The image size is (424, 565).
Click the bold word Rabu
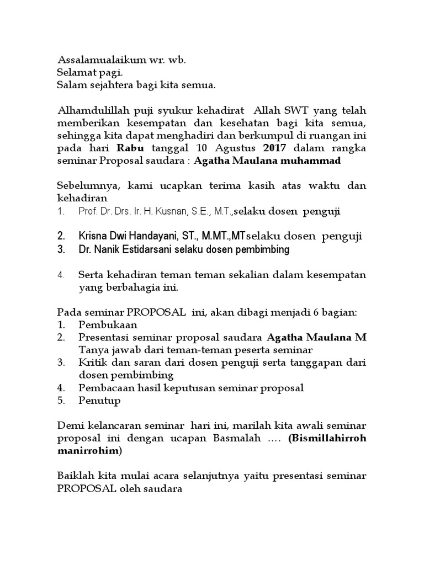coord(130,148)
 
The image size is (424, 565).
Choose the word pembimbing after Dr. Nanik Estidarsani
coord(263,249)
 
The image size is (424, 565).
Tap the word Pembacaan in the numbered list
coord(103,388)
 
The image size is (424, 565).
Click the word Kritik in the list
coord(91,363)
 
